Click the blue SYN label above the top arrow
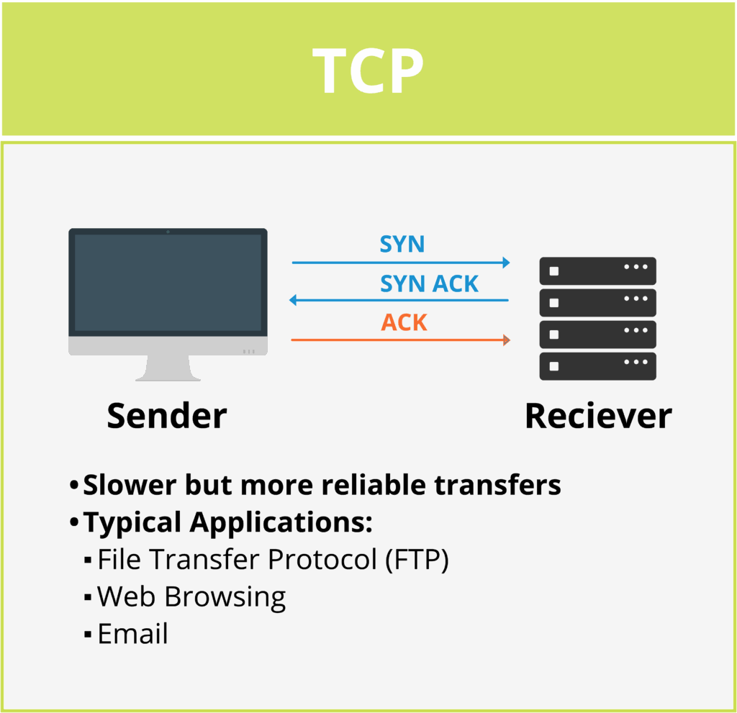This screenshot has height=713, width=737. [x=402, y=245]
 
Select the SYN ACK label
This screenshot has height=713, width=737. [x=429, y=284]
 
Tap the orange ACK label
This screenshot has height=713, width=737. [x=404, y=323]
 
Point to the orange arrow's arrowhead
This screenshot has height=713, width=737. [x=507, y=340]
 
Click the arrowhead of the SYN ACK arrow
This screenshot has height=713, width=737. [x=293, y=300]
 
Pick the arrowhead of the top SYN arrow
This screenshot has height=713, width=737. [x=506, y=263]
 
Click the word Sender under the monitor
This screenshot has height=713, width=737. [x=166, y=416]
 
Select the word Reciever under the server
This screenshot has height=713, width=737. [x=597, y=416]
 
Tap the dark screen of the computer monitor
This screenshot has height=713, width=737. [x=168, y=282]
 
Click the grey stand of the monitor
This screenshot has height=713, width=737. [x=168, y=368]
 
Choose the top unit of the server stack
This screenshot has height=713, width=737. [x=597, y=271]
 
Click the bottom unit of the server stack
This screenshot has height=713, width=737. [x=597, y=365]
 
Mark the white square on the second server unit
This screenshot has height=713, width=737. [x=553, y=303]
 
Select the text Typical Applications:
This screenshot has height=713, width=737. [x=227, y=522]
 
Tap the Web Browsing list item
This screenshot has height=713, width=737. [x=191, y=596]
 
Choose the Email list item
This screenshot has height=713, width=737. [x=132, y=634]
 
